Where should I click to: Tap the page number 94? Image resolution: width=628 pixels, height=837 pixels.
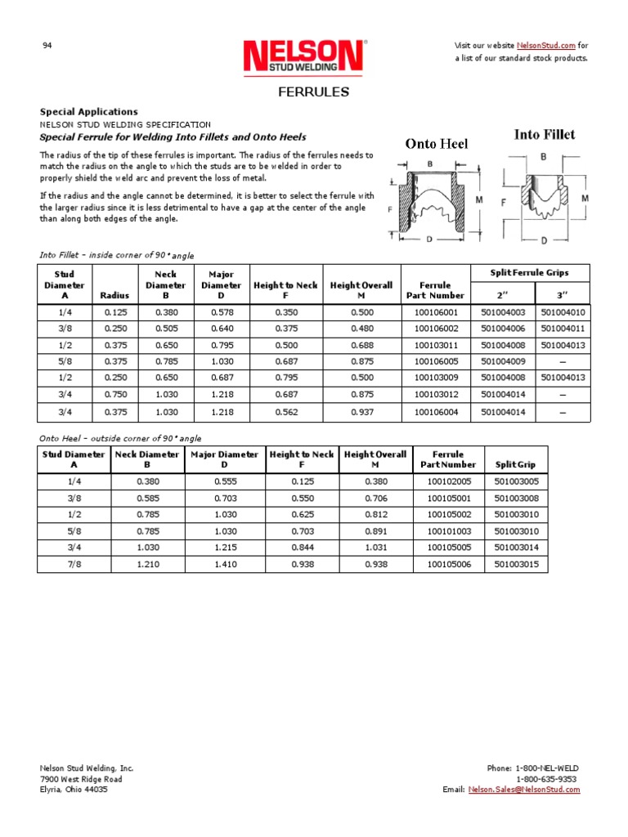(x=47, y=45)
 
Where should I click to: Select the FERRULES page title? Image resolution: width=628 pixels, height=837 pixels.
(x=314, y=92)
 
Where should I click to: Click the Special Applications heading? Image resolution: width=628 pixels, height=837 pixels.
(x=89, y=111)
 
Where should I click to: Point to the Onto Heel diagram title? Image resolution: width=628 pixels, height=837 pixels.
(x=437, y=144)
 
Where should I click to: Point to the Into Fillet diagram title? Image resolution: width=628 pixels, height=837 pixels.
(x=544, y=134)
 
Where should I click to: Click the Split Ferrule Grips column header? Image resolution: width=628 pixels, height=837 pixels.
(x=529, y=271)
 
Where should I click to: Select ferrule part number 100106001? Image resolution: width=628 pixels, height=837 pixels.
(x=437, y=313)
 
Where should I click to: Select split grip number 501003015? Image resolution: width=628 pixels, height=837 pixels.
(x=516, y=565)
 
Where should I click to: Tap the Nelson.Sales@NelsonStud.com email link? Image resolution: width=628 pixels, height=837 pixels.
(x=523, y=790)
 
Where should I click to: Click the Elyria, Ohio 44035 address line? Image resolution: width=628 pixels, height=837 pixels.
(x=74, y=790)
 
